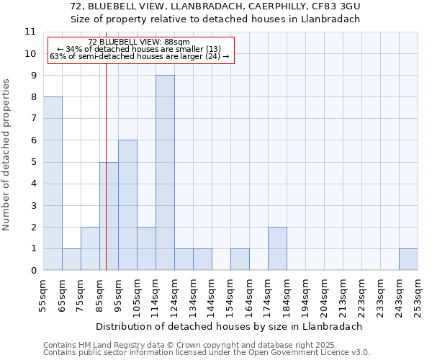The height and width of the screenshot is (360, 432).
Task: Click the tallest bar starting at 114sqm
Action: pos(165,173)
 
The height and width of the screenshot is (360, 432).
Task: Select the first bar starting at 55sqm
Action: pos(53,184)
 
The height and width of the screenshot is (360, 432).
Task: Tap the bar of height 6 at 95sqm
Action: pos(127,205)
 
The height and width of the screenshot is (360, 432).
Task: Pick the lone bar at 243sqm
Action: pos(408,260)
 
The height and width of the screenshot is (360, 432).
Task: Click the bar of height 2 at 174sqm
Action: pos(277,249)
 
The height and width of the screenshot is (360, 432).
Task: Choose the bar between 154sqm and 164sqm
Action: pos(240,260)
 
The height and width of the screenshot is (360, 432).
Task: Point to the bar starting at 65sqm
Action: pos(71,260)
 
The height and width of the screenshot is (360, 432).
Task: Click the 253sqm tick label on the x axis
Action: pos(418,297)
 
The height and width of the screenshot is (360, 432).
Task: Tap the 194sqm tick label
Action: pos(306,297)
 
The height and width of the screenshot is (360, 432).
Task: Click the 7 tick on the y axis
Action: pos(32,119)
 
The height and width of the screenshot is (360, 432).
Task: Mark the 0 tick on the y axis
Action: pos(32,271)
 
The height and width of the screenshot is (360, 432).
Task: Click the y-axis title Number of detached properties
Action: pos(7,155)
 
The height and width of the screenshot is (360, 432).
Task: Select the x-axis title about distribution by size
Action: pos(228,326)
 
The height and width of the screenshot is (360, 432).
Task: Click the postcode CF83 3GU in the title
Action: pos(335,6)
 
